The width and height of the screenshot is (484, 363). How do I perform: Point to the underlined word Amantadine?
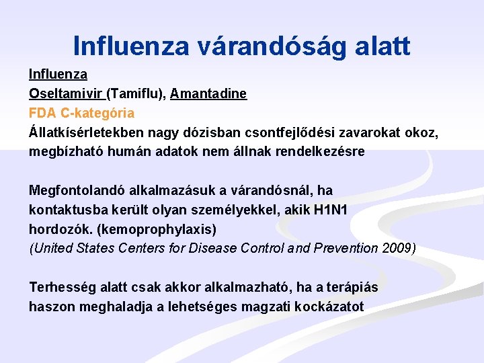coord(208,94)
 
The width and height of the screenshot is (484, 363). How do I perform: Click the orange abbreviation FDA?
coord(41,113)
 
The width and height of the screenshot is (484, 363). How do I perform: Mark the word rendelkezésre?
coord(319,151)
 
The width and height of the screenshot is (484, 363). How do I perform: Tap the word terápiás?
coord(352,288)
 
